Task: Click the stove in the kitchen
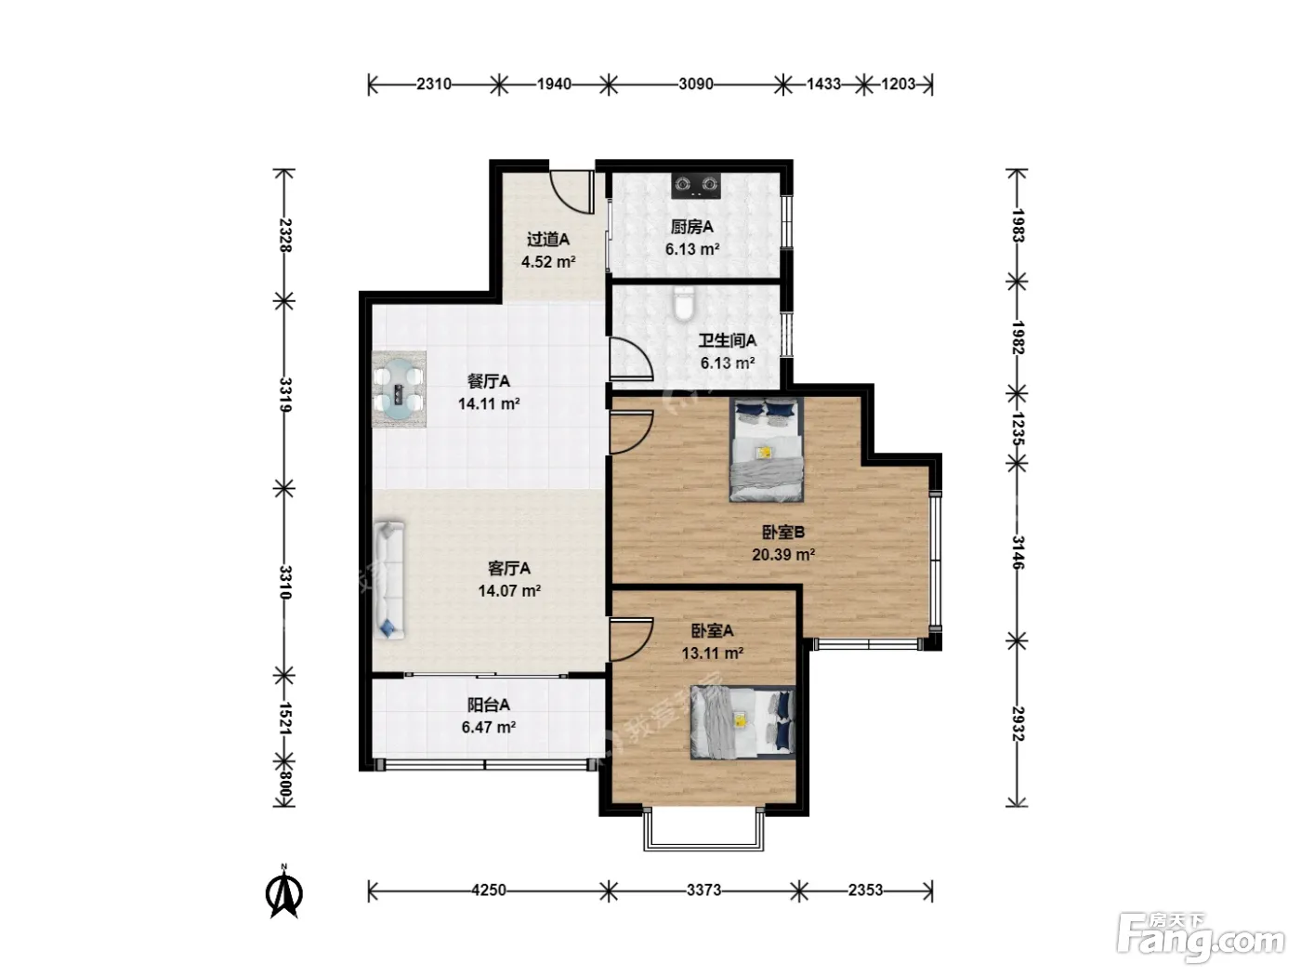tap(696, 186)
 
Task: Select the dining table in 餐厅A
tap(399, 389)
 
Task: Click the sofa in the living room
tap(388, 580)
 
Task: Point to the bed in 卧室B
tap(767, 450)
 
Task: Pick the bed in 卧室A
tap(742, 722)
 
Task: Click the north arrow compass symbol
tap(284, 891)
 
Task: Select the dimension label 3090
tap(696, 85)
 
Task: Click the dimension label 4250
tap(489, 890)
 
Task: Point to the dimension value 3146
tap(1017, 552)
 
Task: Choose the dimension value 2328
tap(284, 235)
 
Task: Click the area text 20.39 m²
tap(783, 555)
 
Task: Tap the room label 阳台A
tap(489, 705)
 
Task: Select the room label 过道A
tap(548, 239)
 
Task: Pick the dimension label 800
tap(284, 784)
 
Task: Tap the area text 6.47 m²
tap(489, 727)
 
